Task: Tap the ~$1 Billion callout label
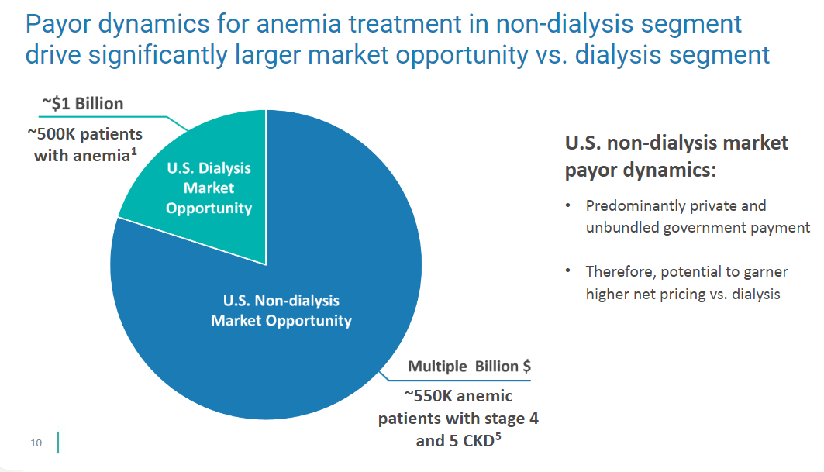pyautogui.click(x=81, y=104)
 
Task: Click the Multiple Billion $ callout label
pyautogui.click(x=470, y=366)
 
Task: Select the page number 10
pyautogui.click(x=36, y=443)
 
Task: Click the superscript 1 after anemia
pyautogui.click(x=134, y=152)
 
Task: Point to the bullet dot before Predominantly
pyautogui.click(x=568, y=206)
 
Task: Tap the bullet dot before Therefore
pyautogui.click(x=568, y=271)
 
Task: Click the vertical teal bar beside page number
pyautogui.click(x=58, y=443)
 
